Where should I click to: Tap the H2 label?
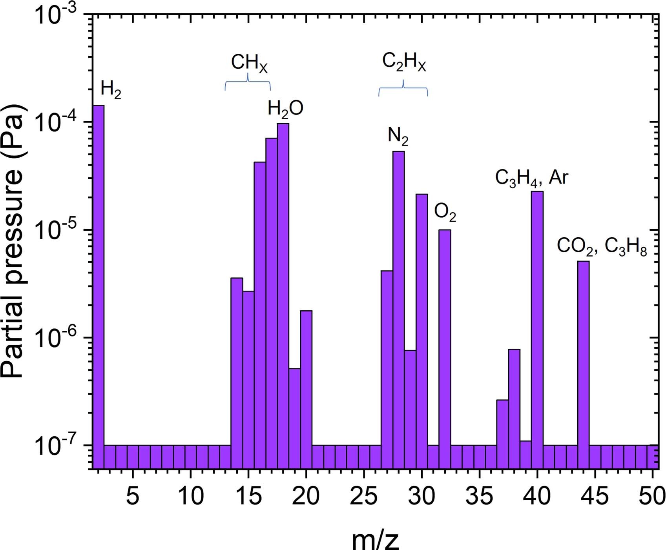pyautogui.click(x=111, y=90)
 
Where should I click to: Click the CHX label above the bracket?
pyautogui.click(x=249, y=64)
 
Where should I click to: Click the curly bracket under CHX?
pyautogui.click(x=248, y=83)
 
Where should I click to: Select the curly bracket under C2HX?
pyautogui.click(x=403, y=89)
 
